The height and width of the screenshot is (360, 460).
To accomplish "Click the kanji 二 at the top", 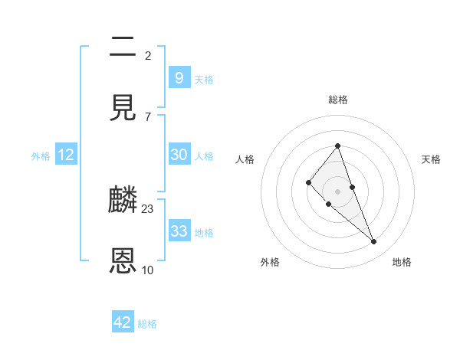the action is coord(123,47).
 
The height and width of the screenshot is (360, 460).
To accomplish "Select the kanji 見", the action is coord(123,108).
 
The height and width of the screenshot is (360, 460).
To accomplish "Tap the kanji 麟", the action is coord(123,201).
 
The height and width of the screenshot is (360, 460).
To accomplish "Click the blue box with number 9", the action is coord(179,78).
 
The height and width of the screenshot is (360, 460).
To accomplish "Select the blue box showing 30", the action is coord(179,155).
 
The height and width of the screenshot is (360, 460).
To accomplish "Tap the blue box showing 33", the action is coord(179,231).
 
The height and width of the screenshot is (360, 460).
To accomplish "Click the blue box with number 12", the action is coord(66,155).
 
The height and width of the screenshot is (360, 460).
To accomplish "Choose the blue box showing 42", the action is coord(123,322).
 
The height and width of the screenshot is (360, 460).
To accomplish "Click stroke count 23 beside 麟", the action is coord(148,208).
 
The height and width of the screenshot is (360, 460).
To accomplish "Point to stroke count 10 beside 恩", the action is coord(148,270).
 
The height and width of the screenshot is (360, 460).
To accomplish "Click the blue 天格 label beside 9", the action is coord(204,80).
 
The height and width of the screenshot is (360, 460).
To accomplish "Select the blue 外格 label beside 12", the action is coord(41,156).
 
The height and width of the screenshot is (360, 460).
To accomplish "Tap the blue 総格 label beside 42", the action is coord(147,324).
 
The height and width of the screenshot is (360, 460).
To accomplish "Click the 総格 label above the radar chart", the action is coord(338,100).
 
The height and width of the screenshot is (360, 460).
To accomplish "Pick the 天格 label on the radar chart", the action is coord(432,159).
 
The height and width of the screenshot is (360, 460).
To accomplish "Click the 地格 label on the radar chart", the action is coord(402,262).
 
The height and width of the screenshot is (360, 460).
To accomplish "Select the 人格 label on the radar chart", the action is coord(245,159).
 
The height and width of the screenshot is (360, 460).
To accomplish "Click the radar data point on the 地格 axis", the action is coord(374,241).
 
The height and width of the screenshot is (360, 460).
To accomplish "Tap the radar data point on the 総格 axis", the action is coord(337,146).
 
